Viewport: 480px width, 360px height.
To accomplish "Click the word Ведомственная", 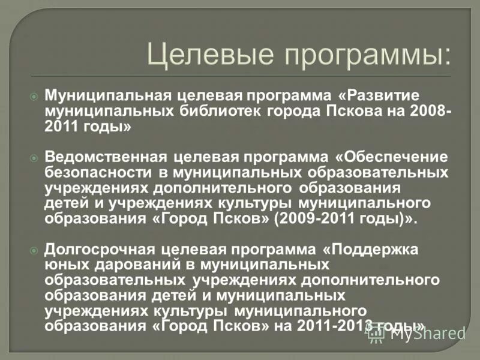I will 105,157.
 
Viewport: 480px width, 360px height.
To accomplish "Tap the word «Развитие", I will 381,96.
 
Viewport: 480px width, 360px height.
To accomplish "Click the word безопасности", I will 99,173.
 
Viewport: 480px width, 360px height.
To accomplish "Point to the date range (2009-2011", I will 314,218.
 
